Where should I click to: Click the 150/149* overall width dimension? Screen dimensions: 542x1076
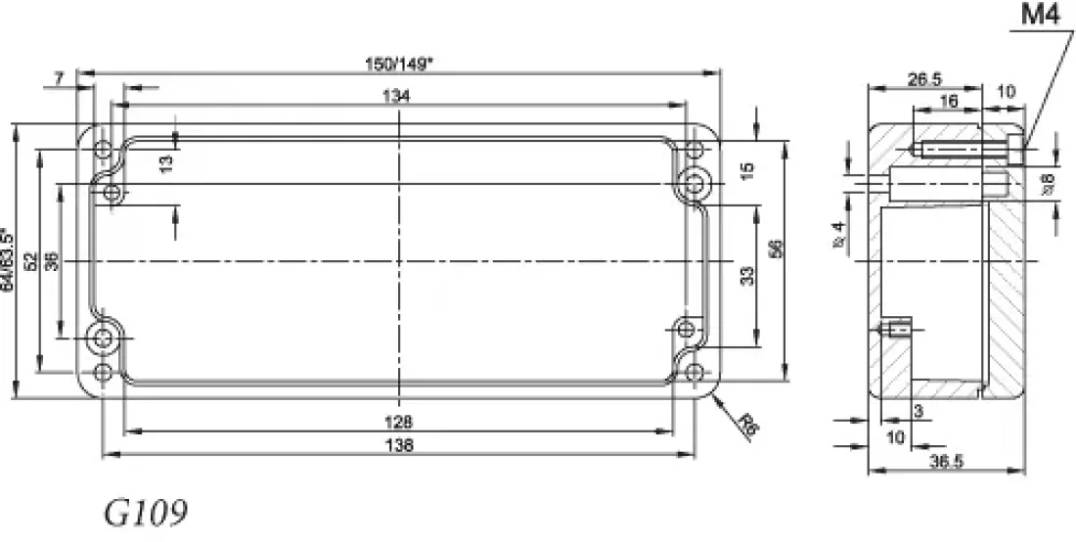pyautogui.click(x=399, y=64)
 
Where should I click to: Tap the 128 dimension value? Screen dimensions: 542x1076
pyautogui.click(x=399, y=422)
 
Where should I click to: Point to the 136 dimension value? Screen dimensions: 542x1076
pyautogui.click(x=399, y=445)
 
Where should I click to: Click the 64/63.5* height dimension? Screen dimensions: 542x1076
pyautogui.click(x=9, y=260)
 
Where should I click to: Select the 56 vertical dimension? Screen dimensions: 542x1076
pyautogui.click(x=777, y=248)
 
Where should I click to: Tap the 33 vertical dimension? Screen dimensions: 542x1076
pyautogui.click(x=748, y=276)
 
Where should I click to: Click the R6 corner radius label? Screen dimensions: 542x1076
pyautogui.click(x=748, y=425)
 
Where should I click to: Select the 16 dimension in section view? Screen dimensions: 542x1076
pyautogui.click(x=947, y=102)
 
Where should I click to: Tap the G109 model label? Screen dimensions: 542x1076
pyautogui.click(x=146, y=514)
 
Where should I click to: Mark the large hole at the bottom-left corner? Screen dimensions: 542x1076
pyautogui.click(x=102, y=339)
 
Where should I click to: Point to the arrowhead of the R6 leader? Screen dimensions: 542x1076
pyautogui.click(x=715, y=397)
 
